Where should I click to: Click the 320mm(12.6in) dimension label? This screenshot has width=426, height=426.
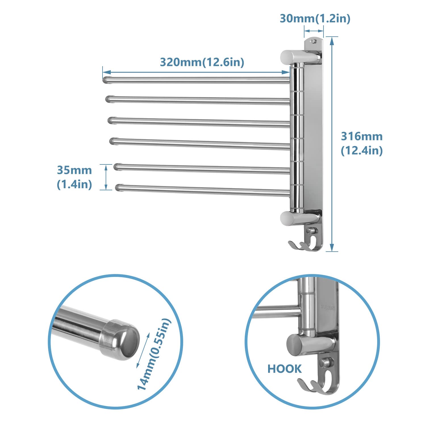pyautogui.click(x=202, y=62)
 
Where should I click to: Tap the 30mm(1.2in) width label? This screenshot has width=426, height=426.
pyautogui.click(x=315, y=18)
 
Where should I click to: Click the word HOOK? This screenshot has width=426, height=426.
pyautogui.click(x=285, y=369)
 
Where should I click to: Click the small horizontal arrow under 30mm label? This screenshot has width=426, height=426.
pyautogui.click(x=314, y=31)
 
